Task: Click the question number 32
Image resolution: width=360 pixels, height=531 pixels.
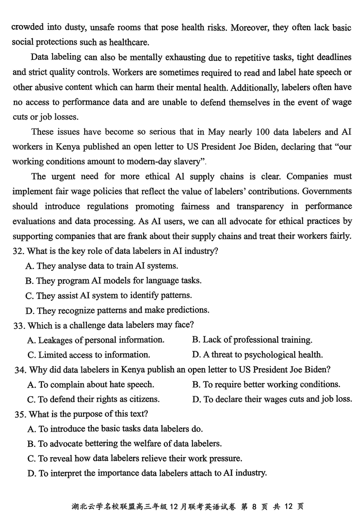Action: coord(18,251)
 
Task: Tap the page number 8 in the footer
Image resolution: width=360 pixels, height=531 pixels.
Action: coord(254,506)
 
